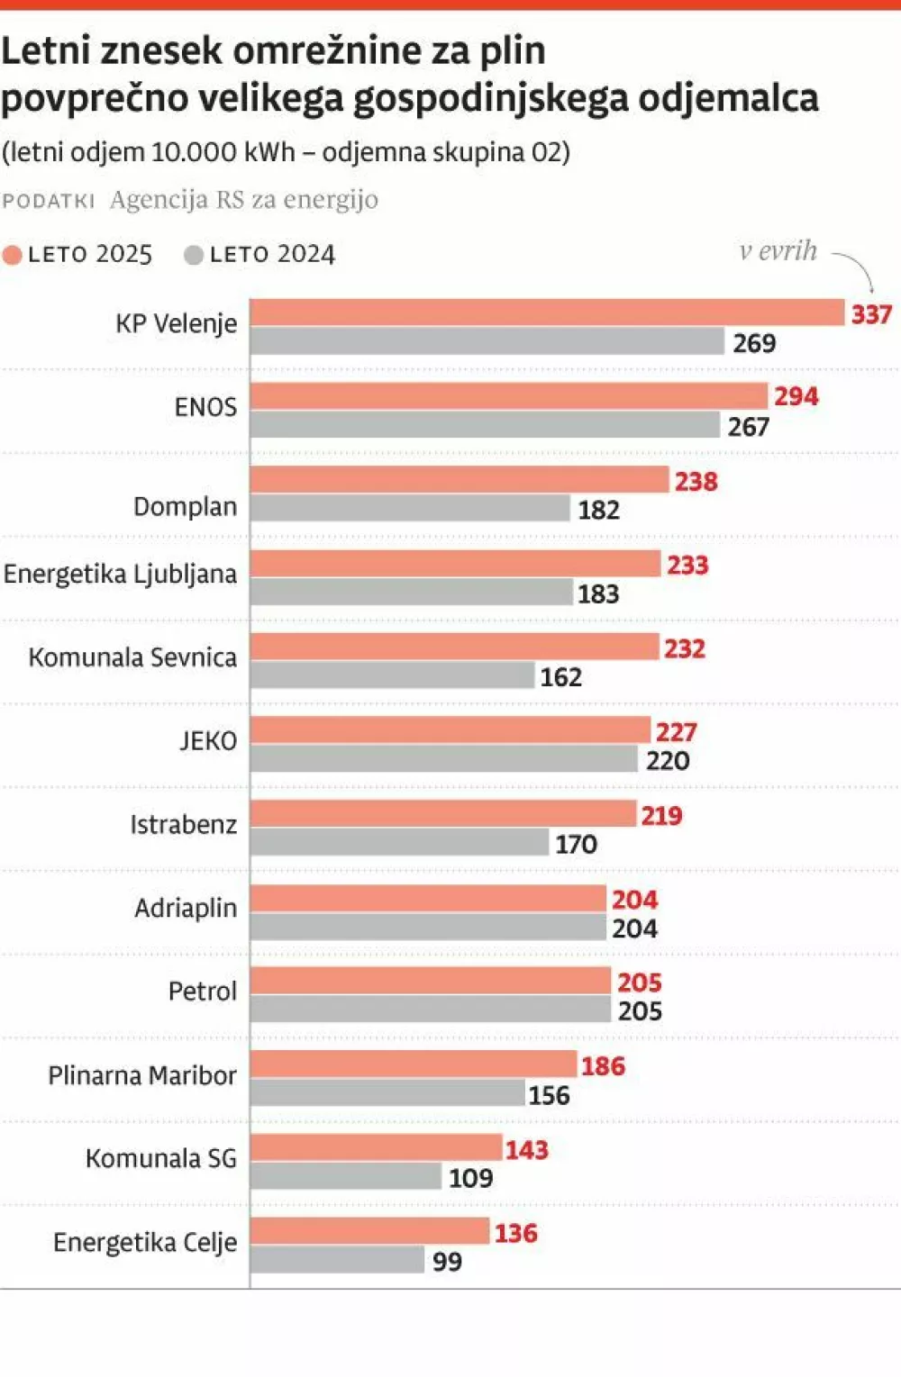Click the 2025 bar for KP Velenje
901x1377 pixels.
(547, 313)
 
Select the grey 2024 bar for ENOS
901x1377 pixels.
(485, 425)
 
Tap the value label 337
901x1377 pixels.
(871, 314)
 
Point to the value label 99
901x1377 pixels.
(447, 1262)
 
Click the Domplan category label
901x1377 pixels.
(185, 507)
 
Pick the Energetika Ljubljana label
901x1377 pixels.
(120, 574)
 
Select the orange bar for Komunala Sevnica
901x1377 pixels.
(454, 647)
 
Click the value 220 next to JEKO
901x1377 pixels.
(668, 761)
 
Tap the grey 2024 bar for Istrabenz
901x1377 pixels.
(399, 843)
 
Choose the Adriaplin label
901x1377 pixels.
(186, 908)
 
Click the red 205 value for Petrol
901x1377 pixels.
(640, 983)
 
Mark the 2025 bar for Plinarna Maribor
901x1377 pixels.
(413, 1064)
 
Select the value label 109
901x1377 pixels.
(470, 1178)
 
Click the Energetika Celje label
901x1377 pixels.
(145, 1243)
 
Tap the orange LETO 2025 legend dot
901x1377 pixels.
(13, 256)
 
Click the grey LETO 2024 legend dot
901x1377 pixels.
(193, 256)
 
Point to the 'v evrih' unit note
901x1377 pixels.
(778, 250)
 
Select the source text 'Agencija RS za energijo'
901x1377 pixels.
(243, 200)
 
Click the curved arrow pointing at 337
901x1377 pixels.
(858, 270)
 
